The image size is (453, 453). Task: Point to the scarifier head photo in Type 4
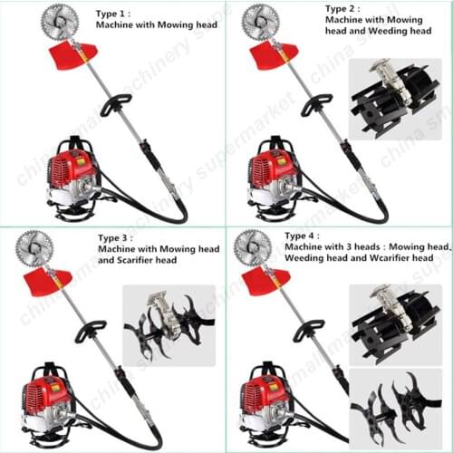[395, 404]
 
